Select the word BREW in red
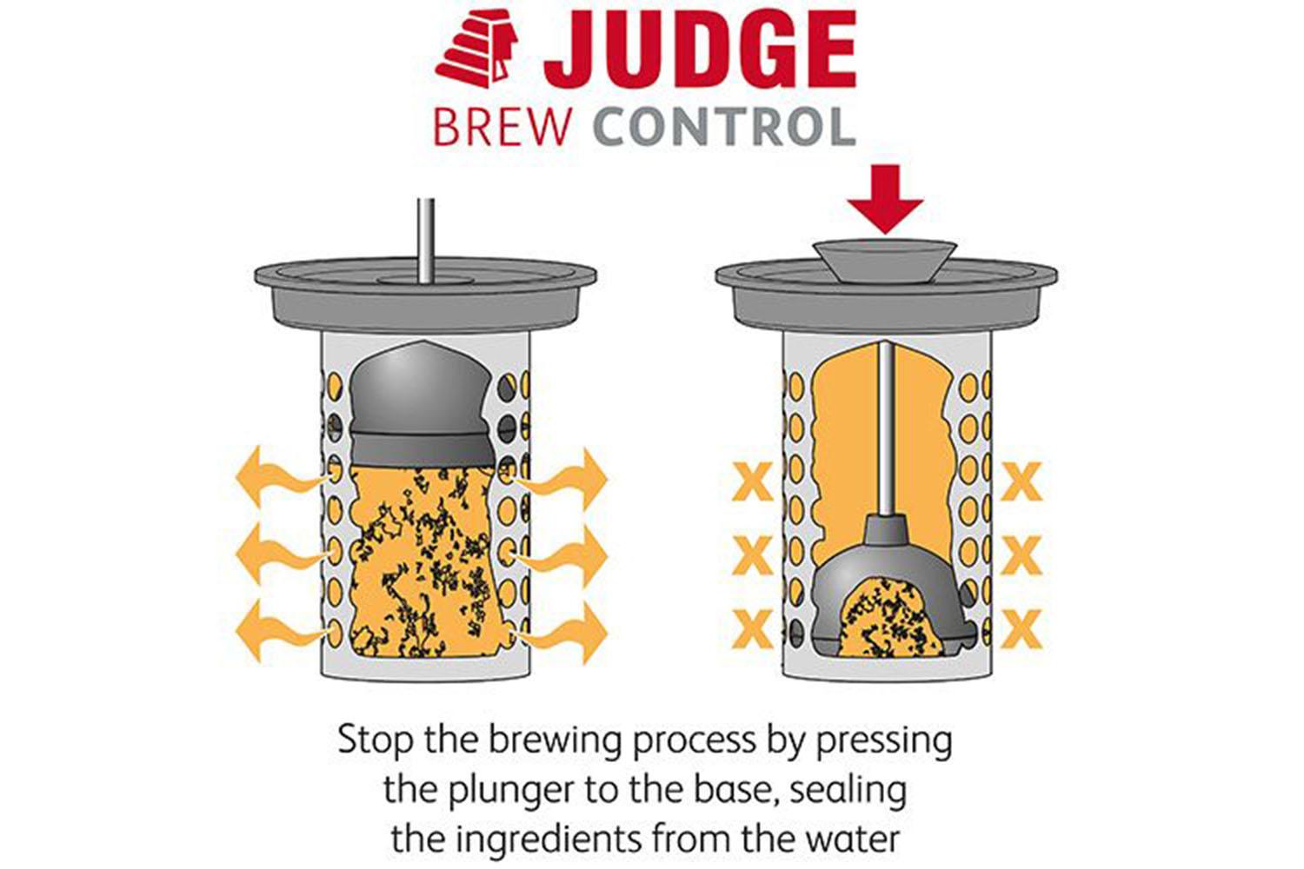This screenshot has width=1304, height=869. [502, 128]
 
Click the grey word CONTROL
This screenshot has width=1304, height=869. [725, 128]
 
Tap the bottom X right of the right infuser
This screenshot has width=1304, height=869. [1021, 629]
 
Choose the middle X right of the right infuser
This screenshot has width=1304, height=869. [1021, 555]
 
